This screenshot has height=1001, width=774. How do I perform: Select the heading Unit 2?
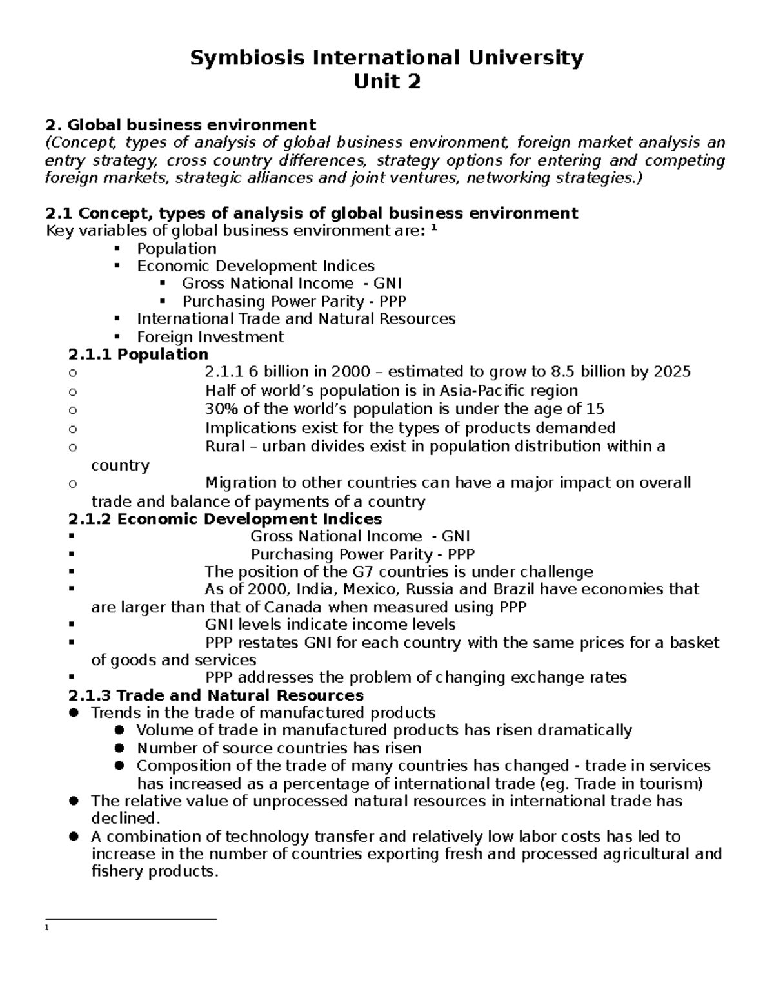click(386, 82)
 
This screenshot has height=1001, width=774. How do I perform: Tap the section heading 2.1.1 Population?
click(138, 355)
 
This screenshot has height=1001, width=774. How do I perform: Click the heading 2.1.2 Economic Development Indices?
click(225, 519)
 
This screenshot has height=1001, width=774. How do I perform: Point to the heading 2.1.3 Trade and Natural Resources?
click(216, 695)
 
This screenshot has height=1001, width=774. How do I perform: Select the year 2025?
click(672, 372)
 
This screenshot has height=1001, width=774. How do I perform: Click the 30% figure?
click(219, 409)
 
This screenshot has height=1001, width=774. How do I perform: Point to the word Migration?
click(240, 483)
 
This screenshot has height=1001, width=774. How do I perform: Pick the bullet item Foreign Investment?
click(210, 336)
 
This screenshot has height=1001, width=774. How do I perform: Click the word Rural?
click(224, 447)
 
